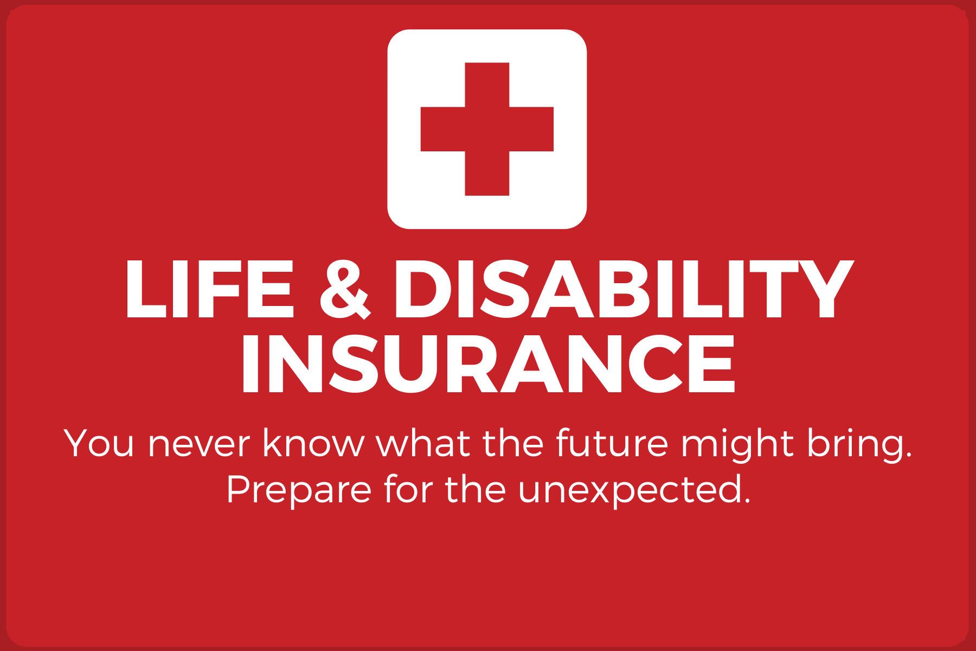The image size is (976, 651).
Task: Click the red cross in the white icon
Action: [487, 129]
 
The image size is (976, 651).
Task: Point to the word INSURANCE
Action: [488, 363]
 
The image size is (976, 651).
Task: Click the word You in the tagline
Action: [99, 444]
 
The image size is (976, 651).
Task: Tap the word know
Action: [314, 444]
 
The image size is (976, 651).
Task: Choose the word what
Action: [423, 444]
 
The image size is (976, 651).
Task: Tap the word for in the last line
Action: [408, 489]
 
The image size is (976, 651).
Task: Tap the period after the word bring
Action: [908, 455]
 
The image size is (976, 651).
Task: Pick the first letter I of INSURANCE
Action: [249, 363]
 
